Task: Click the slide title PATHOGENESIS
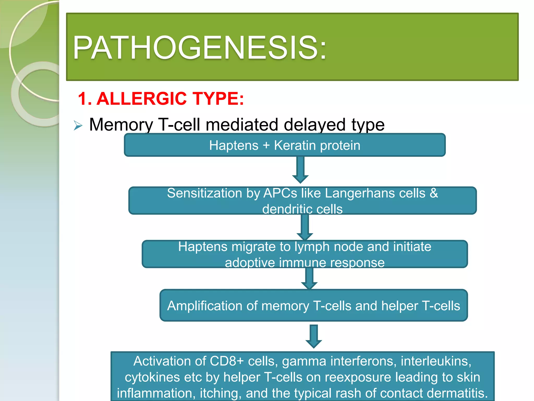point(199,48)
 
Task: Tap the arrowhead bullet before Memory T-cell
point(78,126)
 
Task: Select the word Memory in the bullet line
point(121,125)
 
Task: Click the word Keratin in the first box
point(295,145)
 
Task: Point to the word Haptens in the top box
point(234,145)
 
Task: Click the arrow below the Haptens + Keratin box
point(300,170)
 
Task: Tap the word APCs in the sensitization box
point(280,193)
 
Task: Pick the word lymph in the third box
point(312,247)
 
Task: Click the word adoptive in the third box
point(250,263)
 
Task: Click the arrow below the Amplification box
point(314,336)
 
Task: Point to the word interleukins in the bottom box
point(436,361)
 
